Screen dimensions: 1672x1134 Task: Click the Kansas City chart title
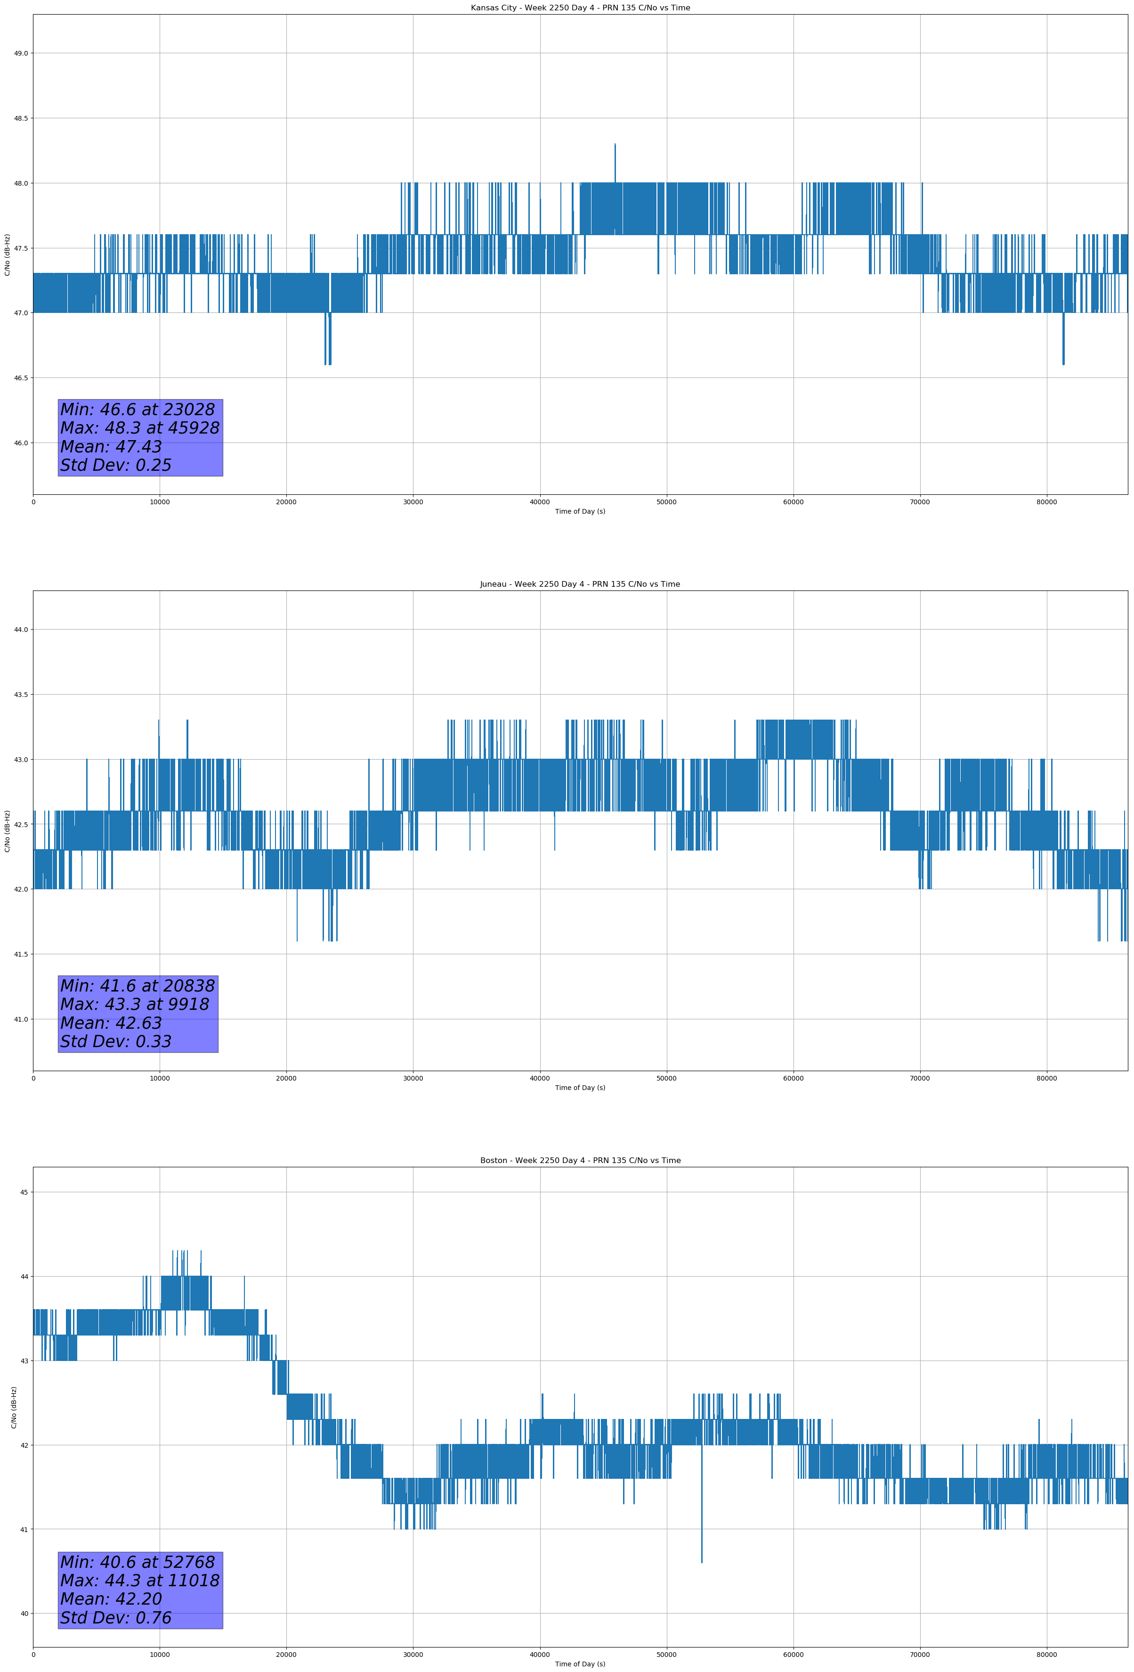[x=580, y=8]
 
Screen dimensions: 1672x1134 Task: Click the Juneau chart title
[x=580, y=584]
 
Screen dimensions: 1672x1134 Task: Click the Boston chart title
[x=580, y=1161]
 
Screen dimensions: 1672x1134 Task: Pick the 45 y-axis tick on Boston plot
[x=24, y=1193]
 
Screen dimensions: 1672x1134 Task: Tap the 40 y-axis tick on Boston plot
[x=24, y=1614]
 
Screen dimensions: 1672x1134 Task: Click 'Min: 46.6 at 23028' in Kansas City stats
[x=138, y=410]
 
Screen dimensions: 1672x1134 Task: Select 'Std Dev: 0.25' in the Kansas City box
[x=116, y=466]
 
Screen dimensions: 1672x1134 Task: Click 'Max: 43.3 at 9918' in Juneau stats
[x=135, y=1004]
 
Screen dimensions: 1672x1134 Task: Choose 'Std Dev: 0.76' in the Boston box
[x=116, y=1618]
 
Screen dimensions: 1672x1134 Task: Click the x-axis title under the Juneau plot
[x=580, y=1088]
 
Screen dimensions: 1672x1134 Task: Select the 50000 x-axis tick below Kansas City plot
[x=666, y=502]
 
